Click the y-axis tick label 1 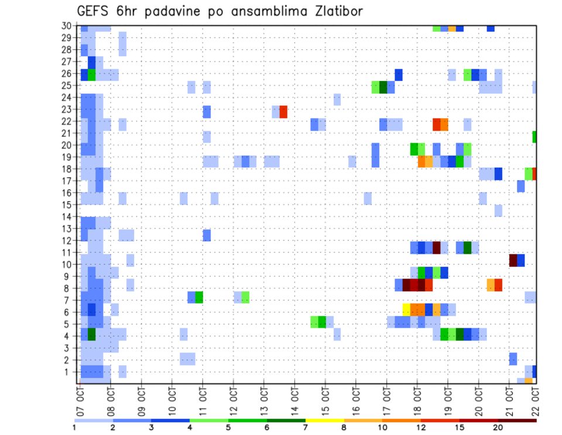pos(68,372)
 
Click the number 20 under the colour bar pos(498,427)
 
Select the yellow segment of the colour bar pos(324,420)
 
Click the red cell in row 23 pos(283,111)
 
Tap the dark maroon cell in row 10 pos(513,260)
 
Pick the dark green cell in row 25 pos(383,87)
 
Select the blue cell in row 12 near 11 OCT pos(207,235)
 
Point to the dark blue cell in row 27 pos(92,62)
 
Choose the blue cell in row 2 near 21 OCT pos(513,358)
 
